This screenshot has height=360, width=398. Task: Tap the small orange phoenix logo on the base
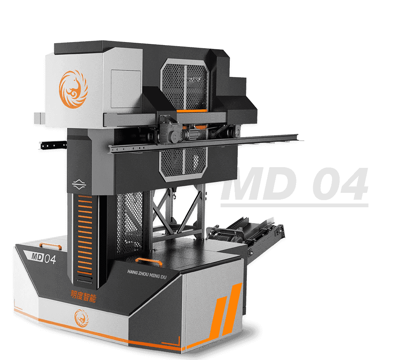pos(81,318)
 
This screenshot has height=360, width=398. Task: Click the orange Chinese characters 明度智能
pos(83,296)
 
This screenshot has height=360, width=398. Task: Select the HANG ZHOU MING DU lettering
pos(147,274)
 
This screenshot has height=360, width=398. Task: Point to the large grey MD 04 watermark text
pos(295,184)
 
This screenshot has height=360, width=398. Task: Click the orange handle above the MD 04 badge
pos(50,245)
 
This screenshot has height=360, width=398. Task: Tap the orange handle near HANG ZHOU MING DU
pos(149,261)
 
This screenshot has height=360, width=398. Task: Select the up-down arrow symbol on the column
pos(79,185)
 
